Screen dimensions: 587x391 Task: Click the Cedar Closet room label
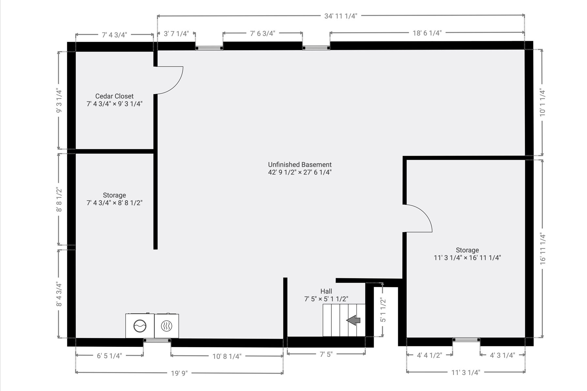click(114, 96)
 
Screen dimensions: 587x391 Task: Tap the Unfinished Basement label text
click(300, 165)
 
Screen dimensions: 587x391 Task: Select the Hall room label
click(326, 291)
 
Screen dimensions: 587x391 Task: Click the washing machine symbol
click(140, 326)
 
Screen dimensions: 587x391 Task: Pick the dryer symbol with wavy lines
click(167, 326)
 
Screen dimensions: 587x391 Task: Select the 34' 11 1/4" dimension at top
click(341, 16)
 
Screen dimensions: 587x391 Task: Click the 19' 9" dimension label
click(179, 373)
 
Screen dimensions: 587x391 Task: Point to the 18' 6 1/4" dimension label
click(427, 33)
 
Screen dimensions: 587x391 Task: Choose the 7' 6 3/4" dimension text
click(263, 33)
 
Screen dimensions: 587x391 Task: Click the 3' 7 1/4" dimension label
click(176, 34)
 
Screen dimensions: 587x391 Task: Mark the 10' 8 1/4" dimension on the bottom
click(227, 356)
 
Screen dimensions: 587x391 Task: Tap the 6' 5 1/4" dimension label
click(109, 355)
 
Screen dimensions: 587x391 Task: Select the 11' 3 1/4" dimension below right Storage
click(466, 372)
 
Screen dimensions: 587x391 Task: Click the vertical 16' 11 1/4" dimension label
click(543, 249)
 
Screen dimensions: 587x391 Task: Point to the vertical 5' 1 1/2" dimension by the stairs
click(383, 310)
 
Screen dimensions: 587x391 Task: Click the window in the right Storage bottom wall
click(466, 340)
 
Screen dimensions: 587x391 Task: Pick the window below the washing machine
click(157, 340)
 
